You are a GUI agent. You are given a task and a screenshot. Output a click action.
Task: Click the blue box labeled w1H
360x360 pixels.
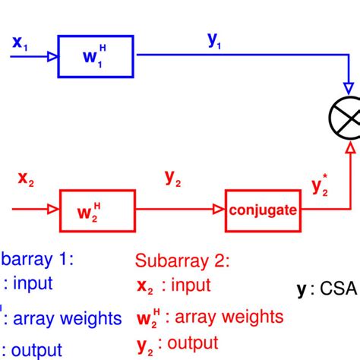tap(96, 56)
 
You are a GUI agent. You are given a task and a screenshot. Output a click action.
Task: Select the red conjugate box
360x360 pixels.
tap(262, 209)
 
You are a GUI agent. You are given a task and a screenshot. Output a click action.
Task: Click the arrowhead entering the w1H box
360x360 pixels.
tap(52, 56)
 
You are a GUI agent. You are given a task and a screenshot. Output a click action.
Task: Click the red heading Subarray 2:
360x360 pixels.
tap(182, 262)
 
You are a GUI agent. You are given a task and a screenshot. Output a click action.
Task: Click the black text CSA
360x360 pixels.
tap(340, 289)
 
